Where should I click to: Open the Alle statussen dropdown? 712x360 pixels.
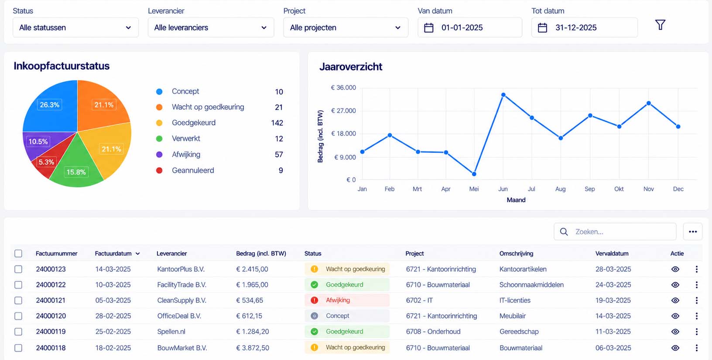point(75,27)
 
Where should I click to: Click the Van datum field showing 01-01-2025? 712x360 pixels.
point(469,27)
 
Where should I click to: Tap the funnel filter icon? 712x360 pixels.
point(660,25)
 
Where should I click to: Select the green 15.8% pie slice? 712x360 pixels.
point(76,165)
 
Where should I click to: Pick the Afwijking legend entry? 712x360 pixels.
point(186,154)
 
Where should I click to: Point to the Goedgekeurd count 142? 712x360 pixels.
point(277,123)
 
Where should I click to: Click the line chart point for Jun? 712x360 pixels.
point(503,95)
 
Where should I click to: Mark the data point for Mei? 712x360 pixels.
point(474,174)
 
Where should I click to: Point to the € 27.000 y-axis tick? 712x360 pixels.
point(343,111)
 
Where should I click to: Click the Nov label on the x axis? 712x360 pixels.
point(648,189)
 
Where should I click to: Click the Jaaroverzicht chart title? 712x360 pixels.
point(351,67)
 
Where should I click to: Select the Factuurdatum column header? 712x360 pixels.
point(113,254)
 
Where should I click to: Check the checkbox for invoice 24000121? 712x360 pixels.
point(18,301)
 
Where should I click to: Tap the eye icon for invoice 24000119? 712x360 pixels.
point(675,332)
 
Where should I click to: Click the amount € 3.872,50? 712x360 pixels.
point(253,348)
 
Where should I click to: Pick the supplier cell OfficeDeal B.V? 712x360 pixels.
point(179,316)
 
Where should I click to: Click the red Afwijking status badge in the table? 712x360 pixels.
point(347,300)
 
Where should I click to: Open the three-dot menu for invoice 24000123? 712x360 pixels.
point(696,269)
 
